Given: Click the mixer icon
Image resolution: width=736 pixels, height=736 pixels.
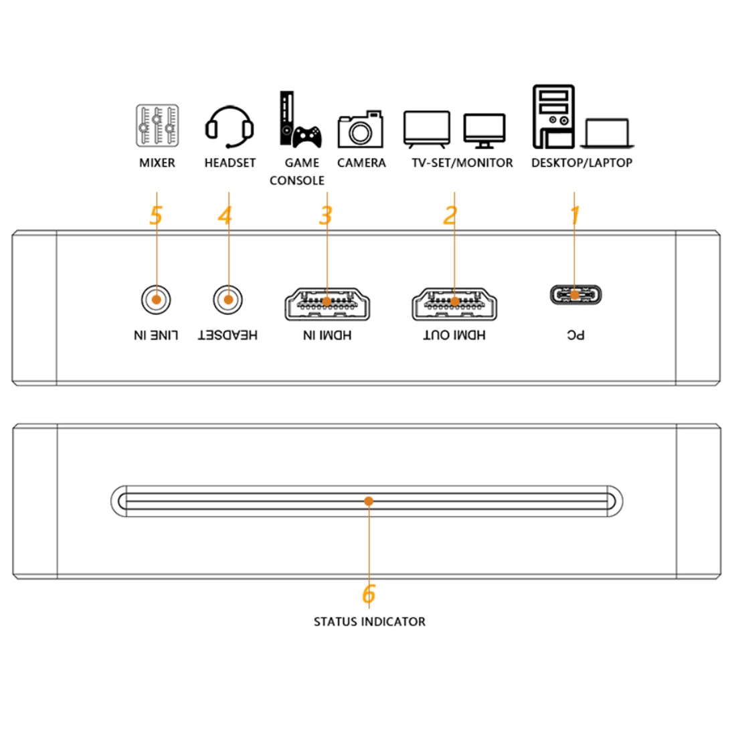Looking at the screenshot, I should tap(157, 125).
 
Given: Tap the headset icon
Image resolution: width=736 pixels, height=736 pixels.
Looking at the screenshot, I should tap(229, 126).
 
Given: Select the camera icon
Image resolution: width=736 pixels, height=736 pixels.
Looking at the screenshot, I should tap(361, 129).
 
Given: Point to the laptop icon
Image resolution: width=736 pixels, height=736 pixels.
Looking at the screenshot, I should tap(607, 133).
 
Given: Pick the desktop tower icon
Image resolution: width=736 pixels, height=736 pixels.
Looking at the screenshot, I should tap(553, 116).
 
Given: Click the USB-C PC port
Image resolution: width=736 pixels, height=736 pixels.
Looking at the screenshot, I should tap(575, 294).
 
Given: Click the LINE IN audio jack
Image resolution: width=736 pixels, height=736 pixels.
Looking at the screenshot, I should tap(156, 300).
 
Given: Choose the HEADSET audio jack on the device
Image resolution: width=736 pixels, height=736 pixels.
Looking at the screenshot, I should tap(228, 300).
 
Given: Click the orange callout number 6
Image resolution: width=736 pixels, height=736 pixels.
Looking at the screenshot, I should tap(369, 593).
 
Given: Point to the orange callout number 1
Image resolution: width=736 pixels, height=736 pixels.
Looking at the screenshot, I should tap(575, 215).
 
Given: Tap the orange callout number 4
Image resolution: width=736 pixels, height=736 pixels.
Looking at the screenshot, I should tap(225, 215).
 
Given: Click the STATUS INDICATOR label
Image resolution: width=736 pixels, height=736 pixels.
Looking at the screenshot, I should tap(369, 622).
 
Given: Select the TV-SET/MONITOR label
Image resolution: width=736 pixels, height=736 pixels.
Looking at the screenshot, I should tap(462, 163).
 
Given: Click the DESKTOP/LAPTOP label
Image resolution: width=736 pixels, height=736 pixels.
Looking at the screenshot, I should tap(581, 163).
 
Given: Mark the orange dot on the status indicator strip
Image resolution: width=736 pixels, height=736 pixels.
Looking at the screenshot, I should tap(369, 500).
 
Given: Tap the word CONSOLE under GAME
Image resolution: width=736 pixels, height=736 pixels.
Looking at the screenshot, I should tap(297, 181).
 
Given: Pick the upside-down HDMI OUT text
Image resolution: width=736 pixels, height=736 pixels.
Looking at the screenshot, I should tap(454, 335).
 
